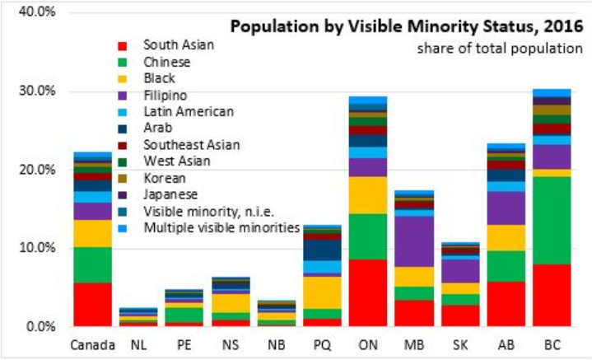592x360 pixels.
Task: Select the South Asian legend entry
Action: [177, 44]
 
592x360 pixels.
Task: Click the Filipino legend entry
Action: [166, 94]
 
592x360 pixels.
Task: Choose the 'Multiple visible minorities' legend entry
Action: [219, 227]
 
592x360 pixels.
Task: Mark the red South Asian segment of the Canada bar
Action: [92, 304]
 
